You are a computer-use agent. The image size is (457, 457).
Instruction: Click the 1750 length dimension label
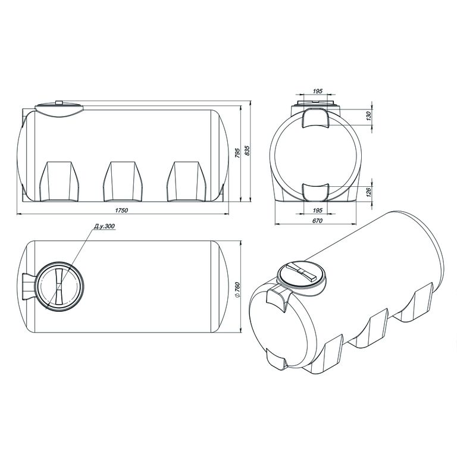click(121, 211)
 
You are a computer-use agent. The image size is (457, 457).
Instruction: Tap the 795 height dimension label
click(237, 153)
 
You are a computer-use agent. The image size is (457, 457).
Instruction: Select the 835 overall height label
click(248, 150)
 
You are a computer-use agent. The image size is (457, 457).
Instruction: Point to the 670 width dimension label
click(317, 221)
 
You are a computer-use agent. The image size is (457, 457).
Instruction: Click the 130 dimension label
click(368, 116)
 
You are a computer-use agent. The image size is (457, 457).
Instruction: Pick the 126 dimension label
click(368, 192)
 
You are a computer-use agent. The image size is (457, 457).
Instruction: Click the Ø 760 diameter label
click(237, 289)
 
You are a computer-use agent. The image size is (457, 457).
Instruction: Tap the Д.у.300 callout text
click(105, 226)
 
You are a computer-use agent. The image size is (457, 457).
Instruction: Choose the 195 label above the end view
click(317, 91)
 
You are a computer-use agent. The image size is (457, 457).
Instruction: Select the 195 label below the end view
click(317, 210)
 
